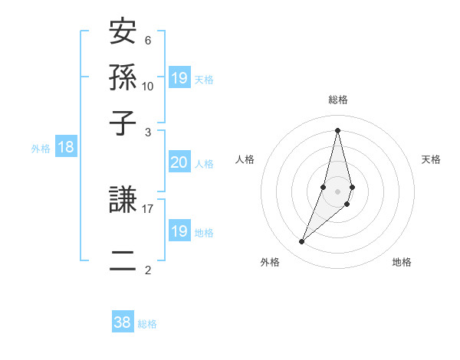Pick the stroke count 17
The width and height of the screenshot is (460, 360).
148,208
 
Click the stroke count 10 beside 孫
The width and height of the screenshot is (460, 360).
148,86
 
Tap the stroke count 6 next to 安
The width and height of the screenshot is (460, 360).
148,41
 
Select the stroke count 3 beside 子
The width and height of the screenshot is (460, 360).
148,132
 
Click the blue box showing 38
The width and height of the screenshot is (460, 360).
123,322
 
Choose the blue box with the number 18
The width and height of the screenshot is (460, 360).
66,147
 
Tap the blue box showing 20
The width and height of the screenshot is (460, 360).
179,162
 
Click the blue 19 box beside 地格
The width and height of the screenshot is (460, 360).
179,231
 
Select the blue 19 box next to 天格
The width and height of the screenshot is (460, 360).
179,77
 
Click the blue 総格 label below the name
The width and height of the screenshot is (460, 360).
147,324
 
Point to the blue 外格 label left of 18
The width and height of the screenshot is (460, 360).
41,149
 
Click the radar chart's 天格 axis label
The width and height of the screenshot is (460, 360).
431,159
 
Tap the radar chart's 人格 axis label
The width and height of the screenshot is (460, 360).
245,159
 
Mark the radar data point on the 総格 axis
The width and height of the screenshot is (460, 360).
337,129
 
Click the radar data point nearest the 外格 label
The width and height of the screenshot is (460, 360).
301,242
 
